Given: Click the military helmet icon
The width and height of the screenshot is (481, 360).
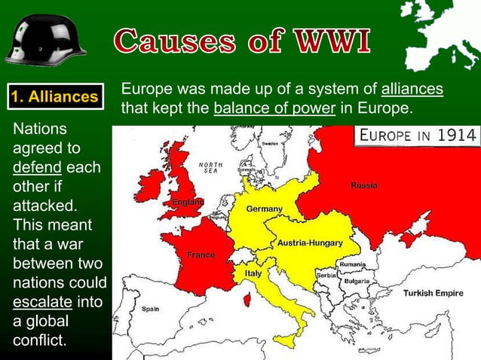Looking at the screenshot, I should [x=46, y=39].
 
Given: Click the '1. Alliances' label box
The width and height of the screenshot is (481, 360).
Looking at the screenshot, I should [x=54, y=96].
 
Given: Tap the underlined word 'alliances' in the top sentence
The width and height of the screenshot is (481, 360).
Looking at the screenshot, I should [x=412, y=89].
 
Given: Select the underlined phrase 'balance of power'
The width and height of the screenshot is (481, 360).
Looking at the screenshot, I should [x=274, y=108].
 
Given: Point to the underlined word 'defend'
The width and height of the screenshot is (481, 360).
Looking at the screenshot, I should [x=35, y=167].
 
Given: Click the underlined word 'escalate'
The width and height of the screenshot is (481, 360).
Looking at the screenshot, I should [x=42, y=304].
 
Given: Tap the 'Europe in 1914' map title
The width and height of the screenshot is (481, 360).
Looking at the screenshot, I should [x=417, y=136].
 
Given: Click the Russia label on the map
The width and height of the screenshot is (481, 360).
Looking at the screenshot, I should [x=364, y=185].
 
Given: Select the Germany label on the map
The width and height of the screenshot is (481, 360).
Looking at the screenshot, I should [x=264, y=209].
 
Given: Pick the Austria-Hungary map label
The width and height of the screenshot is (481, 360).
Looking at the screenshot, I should [x=310, y=243].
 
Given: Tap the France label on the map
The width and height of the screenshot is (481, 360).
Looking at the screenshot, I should [x=201, y=255].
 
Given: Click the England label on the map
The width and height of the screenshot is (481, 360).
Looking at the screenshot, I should [x=187, y=203].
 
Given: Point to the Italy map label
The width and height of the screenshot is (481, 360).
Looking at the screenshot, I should [x=253, y=273].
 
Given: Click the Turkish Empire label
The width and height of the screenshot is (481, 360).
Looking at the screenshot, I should [x=433, y=293].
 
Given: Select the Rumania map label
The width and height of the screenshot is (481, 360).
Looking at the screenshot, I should [x=352, y=265].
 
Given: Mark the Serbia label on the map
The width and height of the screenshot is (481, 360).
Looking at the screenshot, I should [x=326, y=276].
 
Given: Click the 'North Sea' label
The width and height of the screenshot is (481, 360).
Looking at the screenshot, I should [x=210, y=167].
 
